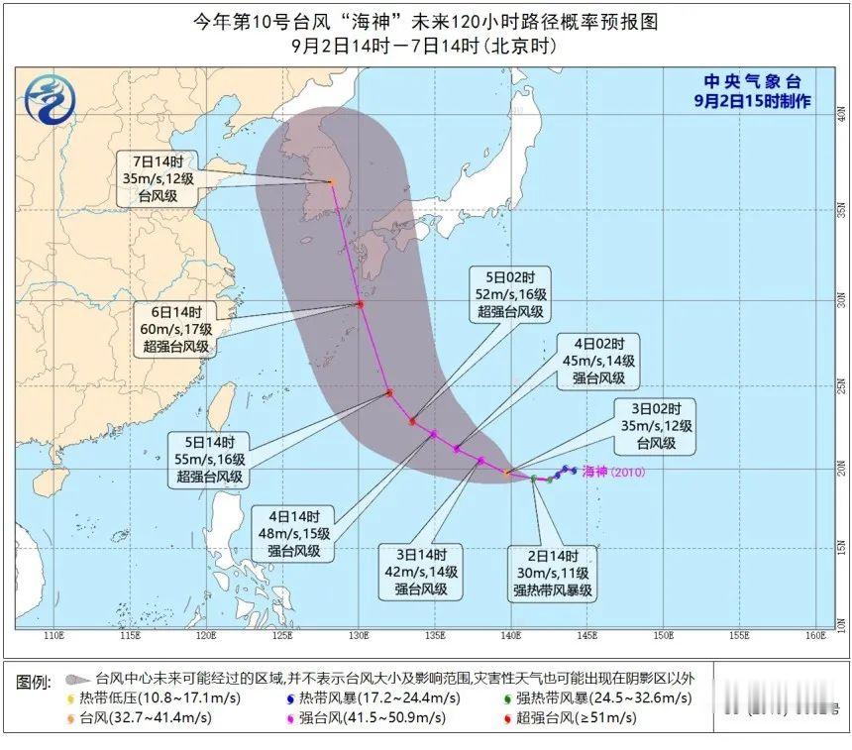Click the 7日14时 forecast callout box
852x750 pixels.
tap(158, 178)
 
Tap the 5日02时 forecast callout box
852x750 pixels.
tap(509, 293)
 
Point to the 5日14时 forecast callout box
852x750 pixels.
tap(207, 459)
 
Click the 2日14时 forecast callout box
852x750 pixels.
tap(552, 572)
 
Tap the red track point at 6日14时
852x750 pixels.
tap(361, 304)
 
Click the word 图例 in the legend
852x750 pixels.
tap(35, 683)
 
